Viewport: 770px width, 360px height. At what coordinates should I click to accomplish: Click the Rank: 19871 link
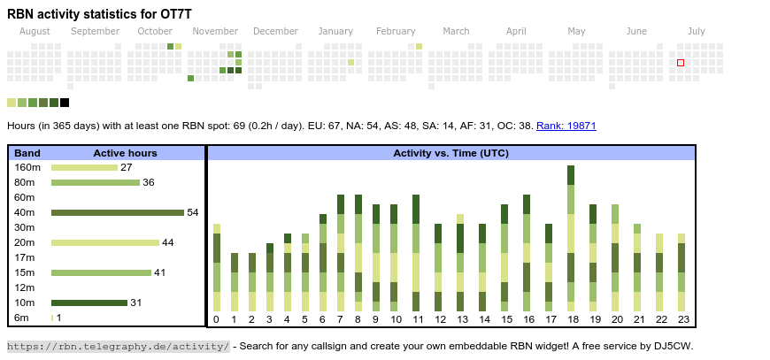[x=566, y=126]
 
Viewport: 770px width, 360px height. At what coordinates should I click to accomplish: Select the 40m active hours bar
[x=117, y=212]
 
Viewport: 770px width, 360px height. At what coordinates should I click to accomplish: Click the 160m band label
[x=27, y=167]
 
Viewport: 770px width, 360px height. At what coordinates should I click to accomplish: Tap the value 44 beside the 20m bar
[x=167, y=242]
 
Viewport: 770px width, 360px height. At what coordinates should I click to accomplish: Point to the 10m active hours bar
[x=89, y=303]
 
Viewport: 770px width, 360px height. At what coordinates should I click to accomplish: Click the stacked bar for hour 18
[x=571, y=238]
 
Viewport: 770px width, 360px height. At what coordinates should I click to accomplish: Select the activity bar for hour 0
[x=217, y=268]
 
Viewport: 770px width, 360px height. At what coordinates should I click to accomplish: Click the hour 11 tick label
[x=417, y=319]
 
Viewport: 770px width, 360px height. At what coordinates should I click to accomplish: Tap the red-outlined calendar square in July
[x=681, y=63]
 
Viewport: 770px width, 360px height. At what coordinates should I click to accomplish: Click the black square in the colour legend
[x=65, y=103]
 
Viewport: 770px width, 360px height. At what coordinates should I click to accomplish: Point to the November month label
[x=215, y=32]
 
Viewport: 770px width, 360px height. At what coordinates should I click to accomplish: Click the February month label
[x=395, y=32]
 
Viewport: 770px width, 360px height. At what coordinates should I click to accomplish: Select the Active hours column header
[x=125, y=153]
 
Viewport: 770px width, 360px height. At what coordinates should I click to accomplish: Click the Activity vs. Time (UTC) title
[x=450, y=153]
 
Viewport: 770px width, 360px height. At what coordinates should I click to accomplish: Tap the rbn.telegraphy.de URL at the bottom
[x=119, y=346]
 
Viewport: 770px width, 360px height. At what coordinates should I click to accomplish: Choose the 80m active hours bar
[x=96, y=182]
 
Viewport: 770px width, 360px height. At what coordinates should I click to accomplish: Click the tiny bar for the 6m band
[x=52, y=318]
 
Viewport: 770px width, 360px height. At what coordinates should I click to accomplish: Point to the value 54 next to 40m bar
[x=193, y=212]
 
